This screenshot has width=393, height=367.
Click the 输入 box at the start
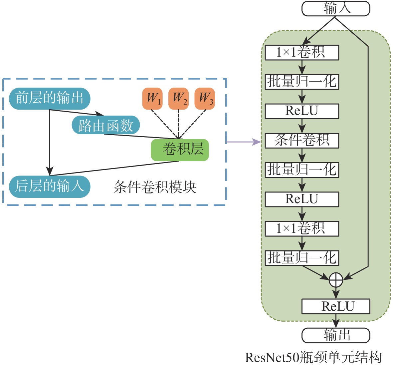(335, 8)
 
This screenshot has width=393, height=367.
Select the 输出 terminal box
(335, 335)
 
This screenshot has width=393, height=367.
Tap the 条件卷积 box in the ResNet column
(302, 141)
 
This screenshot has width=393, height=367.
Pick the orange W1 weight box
(152, 98)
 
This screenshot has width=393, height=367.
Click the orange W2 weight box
(178, 98)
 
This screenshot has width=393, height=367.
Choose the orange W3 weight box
(205, 98)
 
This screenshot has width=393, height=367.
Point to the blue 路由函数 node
(106, 126)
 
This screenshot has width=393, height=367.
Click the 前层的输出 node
(49, 98)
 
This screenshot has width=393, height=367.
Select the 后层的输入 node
(49, 186)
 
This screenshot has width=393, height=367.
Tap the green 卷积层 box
(180, 150)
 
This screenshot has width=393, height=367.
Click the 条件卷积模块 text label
(155, 187)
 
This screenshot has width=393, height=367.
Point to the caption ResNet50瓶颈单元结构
(313, 357)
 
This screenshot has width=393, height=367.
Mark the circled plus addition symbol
(336, 280)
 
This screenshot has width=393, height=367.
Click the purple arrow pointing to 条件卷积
(243, 142)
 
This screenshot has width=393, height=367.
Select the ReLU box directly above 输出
(335, 306)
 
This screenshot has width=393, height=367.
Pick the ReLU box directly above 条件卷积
(302, 111)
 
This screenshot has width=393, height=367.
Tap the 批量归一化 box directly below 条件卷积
(302, 170)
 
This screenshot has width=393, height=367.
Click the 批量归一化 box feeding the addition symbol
(302, 258)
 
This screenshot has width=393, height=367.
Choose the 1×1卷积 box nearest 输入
(302, 53)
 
